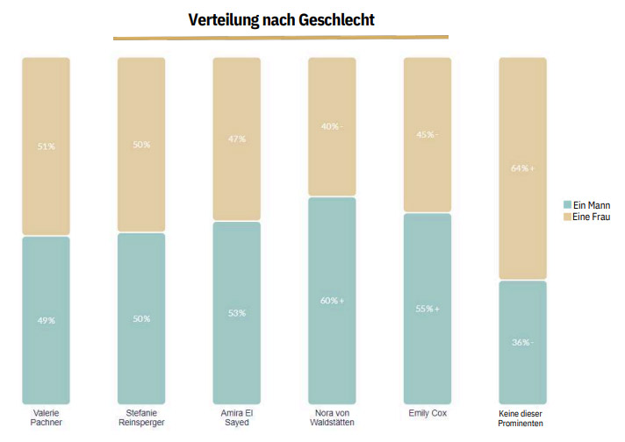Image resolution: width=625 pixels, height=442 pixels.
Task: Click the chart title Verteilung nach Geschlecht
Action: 282,19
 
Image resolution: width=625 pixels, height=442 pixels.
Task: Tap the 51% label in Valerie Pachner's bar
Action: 47,146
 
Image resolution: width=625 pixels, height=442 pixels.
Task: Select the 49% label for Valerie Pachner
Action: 47,321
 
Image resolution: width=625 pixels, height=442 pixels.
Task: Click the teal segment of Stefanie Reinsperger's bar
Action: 141,318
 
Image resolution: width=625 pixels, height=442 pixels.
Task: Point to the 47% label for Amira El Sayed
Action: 237,139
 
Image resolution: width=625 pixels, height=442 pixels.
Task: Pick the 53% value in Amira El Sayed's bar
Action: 237,313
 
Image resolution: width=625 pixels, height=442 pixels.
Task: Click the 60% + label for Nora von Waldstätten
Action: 332,301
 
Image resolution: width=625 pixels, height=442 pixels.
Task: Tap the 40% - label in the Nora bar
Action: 332,126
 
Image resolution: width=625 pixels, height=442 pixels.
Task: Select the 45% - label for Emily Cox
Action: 427,134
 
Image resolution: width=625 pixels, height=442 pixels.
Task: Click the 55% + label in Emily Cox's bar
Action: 427,309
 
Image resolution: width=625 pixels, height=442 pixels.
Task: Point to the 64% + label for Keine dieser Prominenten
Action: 522,168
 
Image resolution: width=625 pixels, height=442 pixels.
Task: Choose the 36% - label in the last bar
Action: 522,342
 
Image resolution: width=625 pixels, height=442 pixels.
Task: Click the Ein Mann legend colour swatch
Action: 567,204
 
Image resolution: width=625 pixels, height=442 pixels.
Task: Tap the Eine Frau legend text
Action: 591,217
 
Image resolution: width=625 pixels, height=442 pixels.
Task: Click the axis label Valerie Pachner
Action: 47,417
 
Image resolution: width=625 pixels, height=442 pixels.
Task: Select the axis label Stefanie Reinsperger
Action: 141,417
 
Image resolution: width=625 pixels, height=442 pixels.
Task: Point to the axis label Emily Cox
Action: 427,413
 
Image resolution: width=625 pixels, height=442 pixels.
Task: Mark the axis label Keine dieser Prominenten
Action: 521,418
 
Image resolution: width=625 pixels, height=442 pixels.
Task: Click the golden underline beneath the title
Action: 281,38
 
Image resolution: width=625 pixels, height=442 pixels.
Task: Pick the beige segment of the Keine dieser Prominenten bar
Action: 522,168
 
